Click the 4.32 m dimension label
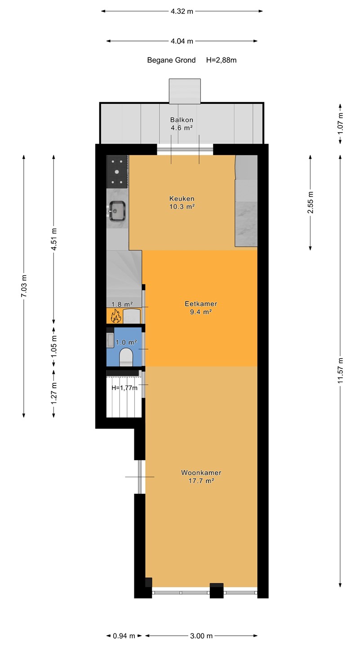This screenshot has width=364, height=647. pyautogui.click(x=182, y=12)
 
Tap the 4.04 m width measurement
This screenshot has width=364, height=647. pyautogui.click(x=182, y=41)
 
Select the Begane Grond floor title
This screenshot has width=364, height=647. pyautogui.click(x=171, y=60)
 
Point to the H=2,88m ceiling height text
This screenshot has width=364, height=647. pyautogui.click(x=221, y=60)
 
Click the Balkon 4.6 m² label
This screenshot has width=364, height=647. pyautogui.click(x=182, y=124)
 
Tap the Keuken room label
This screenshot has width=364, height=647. pyautogui.click(x=182, y=199)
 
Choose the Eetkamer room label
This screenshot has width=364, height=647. pyautogui.click(x=201, y=304)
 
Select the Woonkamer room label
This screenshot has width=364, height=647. pyautogui.click(x=201, y=473)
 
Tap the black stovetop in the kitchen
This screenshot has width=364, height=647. pyautogui.click(x=117, y=172)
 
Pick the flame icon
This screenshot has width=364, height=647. pyautogui.click(x=116, y=316)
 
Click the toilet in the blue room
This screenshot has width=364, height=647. pyautogui.click(x=126, y=357)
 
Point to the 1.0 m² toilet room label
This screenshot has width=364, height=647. pyautogui.click(x=126, y=342)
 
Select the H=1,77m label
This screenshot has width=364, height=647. pyautogui.click(x=124, y=388)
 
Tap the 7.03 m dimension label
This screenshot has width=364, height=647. pyautogui.click(x=24, y=286)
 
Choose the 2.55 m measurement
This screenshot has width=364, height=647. pyautogui.click(x=310, y=202)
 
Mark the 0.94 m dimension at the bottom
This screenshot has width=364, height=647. pyautogui.click(x=124, y=636)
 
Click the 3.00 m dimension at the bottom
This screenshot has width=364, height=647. pyautogui.click(x=201, y=636)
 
